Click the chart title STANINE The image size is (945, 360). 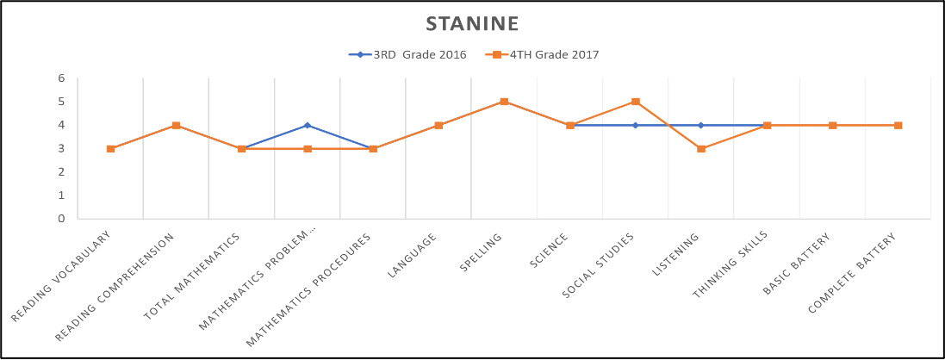(x=471, y=22)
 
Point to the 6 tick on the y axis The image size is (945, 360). (x=62, y=78)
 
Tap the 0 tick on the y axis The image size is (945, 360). (x=62, y=219)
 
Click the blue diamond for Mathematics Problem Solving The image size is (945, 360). (x=308, y=125)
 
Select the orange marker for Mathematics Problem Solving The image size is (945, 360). (x=308, y=149)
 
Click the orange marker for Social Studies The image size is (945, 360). (x=636, y=102)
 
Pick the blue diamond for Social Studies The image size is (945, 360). (x=636, y=125)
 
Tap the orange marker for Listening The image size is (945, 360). (x=701, y=149)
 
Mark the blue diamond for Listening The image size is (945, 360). (x=701, y=125)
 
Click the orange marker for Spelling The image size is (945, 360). (x=504, y=102)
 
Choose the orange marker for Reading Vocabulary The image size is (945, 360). (x=110, y=149)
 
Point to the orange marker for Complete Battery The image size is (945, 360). (x=898, y=125)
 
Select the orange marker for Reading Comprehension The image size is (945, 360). (x=176, y=125)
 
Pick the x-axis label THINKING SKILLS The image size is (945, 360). (x=732, y=266)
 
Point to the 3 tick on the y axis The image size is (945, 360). (x=62, y=149)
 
